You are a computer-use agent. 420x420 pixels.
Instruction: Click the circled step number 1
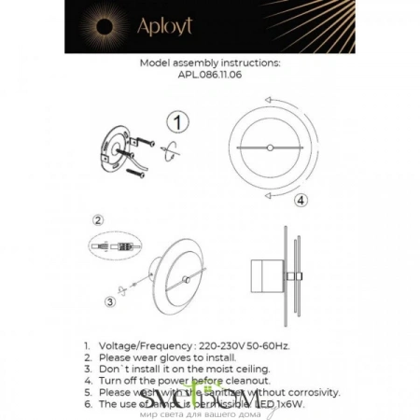pyautogui.click(x=178, y=121)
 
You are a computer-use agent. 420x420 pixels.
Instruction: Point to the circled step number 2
pyautogui.click(x=97, y=220)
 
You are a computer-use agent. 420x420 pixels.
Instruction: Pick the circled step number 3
pyautogui.click(x=109, y=301)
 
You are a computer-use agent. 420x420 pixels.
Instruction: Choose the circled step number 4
pyautogui.click(x=300, y=200)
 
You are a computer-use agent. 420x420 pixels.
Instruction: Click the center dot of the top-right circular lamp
pyautogui.click(x=269, y=147)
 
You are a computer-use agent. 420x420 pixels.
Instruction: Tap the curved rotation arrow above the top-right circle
pyautogui.click(x=267, y=98)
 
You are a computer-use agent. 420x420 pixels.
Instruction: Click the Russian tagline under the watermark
pyautogui.click(x=209, y=414)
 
